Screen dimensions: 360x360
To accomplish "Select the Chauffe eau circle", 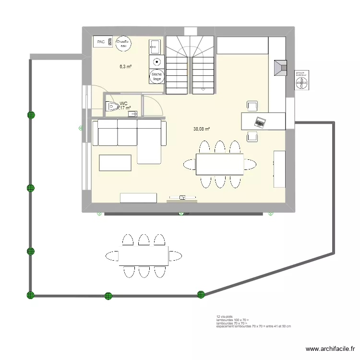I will (x=122, y=44).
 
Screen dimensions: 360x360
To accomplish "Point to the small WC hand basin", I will (x=132, y=114).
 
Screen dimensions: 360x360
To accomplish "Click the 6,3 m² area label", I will (x=126, y=67).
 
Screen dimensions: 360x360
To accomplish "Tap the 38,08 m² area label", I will (x=202, y=129).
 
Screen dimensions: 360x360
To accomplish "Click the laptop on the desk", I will (x=260, y=122).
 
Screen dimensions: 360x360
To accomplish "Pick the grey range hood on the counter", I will (x=280, y=68).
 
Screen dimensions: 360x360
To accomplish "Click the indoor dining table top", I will (x=219, y=164).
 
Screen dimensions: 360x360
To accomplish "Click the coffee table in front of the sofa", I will (x=115, y=163).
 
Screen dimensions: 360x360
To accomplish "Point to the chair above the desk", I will (x=252, y=106).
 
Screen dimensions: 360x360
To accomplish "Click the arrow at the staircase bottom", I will (x=204, y=89).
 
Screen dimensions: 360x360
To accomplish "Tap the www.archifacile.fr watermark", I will (x=331, y=349).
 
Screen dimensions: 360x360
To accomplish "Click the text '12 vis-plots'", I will (x=225, y=317).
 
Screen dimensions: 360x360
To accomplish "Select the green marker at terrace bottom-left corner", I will (x=31, y=295).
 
